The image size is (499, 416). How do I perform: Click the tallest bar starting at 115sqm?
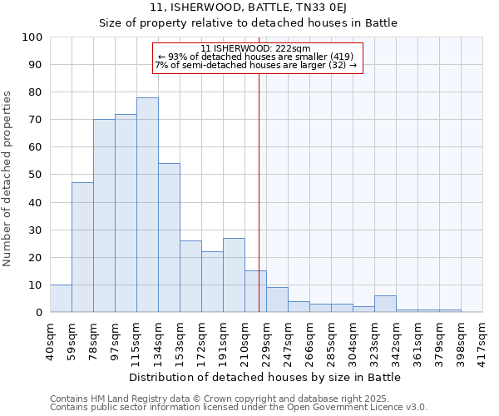147,205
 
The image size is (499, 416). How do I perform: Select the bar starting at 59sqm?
82,247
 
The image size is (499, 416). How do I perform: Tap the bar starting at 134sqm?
169,238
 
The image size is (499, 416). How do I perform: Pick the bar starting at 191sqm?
234,275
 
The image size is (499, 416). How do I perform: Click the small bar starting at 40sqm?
61,298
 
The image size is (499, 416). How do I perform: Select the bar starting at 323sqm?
385,304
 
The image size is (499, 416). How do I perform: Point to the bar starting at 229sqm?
277,300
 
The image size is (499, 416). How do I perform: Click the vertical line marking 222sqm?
259,191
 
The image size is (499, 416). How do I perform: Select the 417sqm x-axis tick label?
483,339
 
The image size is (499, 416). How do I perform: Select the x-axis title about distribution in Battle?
265,377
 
